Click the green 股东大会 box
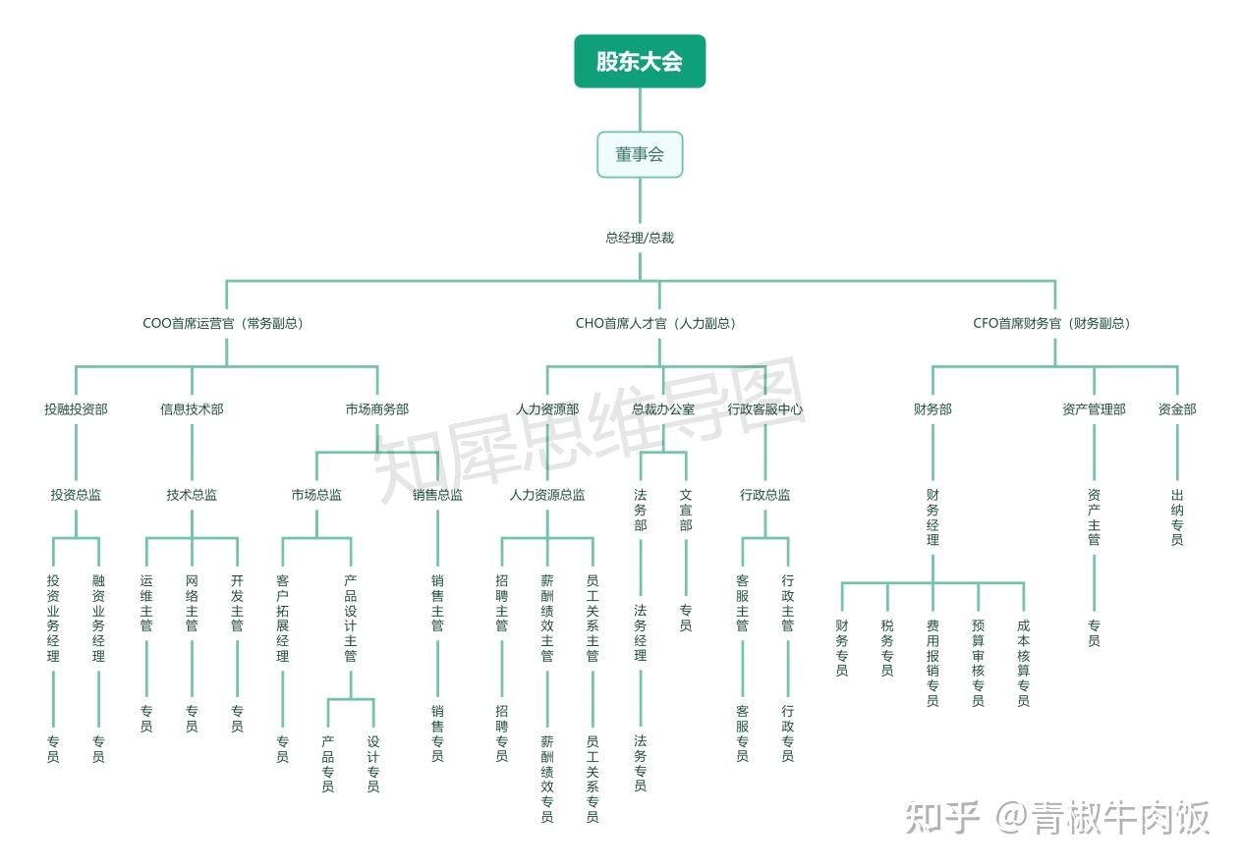point(640,61)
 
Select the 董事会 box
point(640,154)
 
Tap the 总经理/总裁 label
point(640,238)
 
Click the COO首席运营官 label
point(223,323)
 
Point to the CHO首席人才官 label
point(655,323)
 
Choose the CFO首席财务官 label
point(1051,323)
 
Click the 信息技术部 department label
point(192,409)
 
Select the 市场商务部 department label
point(376,409)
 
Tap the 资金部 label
point(1176,409)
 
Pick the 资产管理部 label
point(1094,409)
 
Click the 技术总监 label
point(192,495)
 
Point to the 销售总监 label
point(437,495)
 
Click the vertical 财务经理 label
point(932,517)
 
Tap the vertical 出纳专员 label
point(1176,517)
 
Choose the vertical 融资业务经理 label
point(98,619)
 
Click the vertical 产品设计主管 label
point(351,619)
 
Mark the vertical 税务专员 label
point(887,648)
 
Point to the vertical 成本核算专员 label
point(1023,663)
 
